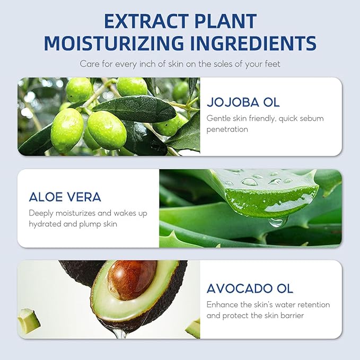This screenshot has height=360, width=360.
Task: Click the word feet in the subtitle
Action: [273, 64]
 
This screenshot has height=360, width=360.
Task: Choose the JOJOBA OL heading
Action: [243, 102]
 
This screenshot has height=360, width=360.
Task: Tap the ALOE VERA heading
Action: [65, 197]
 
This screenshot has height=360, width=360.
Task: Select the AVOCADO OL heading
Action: [250, 288]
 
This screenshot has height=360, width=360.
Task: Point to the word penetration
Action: [227, 129]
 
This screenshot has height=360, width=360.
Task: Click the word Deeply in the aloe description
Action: [41, 214]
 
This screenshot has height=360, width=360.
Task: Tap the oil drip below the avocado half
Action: [120, 331]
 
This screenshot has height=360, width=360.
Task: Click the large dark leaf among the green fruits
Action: [135, 108]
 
